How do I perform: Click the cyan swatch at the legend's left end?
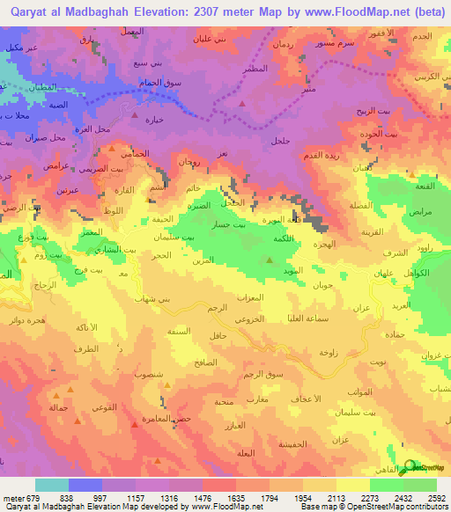pos(52,485)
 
